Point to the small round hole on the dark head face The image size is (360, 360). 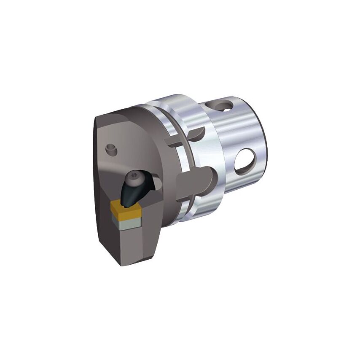(x=110, y=148)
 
